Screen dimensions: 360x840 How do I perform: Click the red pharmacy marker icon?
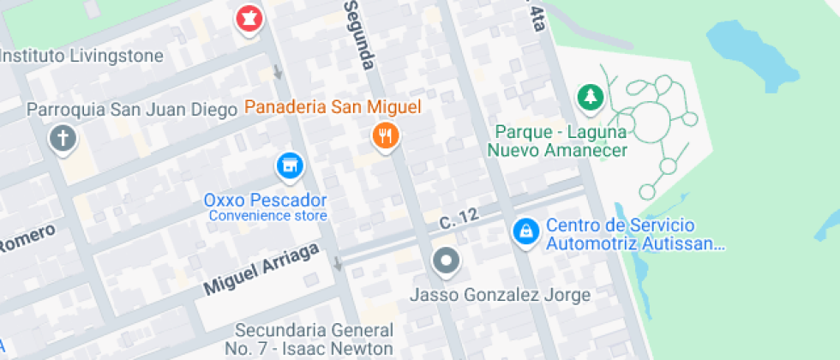point(249,18)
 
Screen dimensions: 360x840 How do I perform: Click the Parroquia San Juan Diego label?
point(132,110)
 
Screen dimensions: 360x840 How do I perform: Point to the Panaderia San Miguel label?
point(333,107)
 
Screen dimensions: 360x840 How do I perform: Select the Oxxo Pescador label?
point(265,200)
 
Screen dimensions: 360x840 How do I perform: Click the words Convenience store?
point(268,215)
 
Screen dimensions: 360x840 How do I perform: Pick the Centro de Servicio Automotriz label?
point(635,235)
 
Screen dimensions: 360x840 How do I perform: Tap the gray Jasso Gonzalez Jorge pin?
point(446,261)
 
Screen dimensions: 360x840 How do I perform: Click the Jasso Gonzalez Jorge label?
point(501,295)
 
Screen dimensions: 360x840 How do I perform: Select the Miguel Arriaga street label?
point(261,269)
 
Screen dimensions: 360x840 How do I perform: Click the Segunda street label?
point(362,34)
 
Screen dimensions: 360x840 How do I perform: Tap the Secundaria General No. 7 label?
point(314,339)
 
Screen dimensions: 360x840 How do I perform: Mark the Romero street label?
point(27,238)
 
